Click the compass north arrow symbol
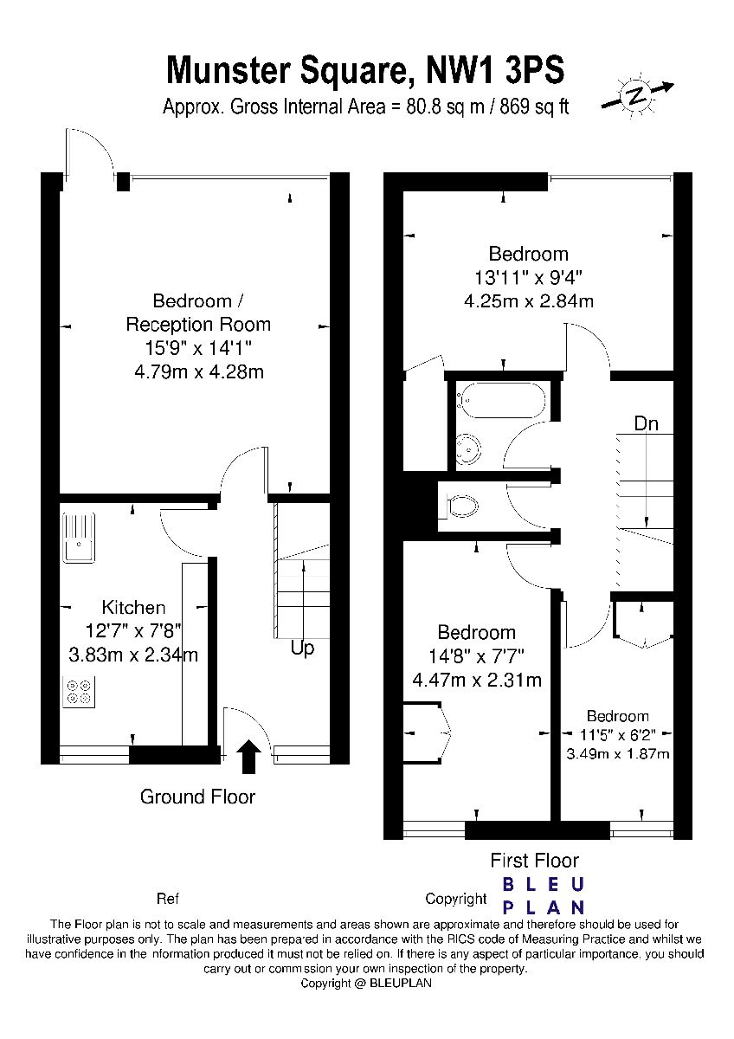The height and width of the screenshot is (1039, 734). (x=637, y=95)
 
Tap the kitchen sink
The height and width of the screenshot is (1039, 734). (x=79, y=538)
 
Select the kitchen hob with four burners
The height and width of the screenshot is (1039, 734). (x=79, y=692)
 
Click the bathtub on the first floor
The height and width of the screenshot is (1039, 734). (x=501, y=400)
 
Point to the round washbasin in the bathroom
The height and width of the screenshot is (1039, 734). (x=468, y=449)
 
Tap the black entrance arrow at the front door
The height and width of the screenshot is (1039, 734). (x=249, y=757)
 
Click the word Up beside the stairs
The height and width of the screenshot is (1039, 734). (x=302, y=649)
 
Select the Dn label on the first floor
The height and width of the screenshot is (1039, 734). (x=646, y=423)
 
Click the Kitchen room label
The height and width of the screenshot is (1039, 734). (x=133, y=607)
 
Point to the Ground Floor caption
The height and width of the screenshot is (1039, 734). (x=197, y=797)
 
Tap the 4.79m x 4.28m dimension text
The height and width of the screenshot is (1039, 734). (x=199, y=371)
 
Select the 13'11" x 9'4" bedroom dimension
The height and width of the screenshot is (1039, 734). (x=528, y=277)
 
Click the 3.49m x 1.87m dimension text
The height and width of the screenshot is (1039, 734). (x=618, y=754)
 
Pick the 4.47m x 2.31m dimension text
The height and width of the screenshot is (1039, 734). (x=477, y=680)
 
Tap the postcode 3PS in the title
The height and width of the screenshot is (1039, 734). (x=535, y=69)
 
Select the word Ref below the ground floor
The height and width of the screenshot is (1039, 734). (x=168, y=899)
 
